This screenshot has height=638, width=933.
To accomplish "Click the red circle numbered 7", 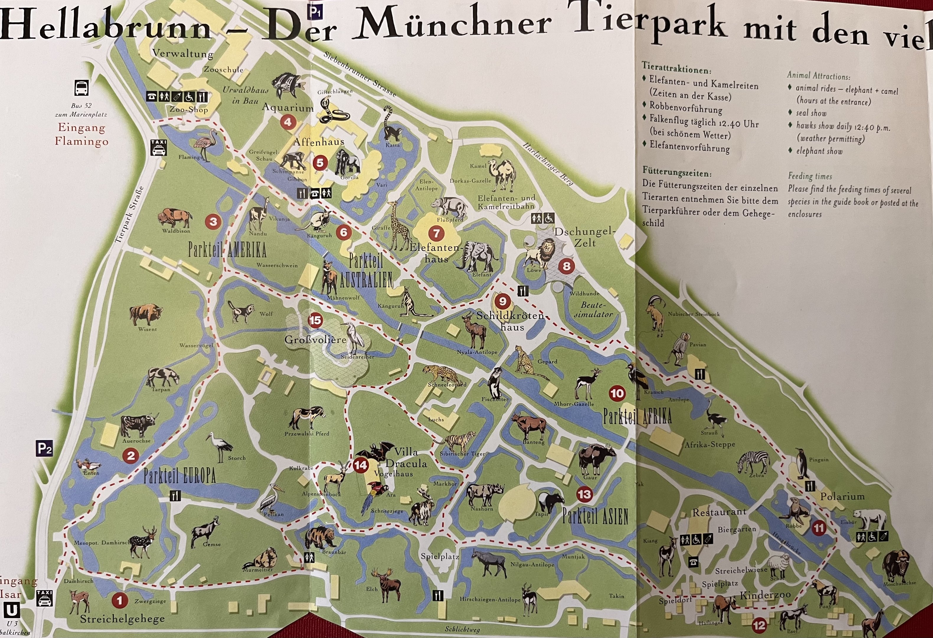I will [436, 233].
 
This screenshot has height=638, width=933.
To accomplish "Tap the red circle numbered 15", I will [315, 320].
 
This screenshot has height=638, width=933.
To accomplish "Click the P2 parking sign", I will [45, 448].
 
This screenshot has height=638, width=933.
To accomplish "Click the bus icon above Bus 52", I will [81, 88].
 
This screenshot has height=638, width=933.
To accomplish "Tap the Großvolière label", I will [315, 339].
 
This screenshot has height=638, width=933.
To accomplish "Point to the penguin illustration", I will [802, 463].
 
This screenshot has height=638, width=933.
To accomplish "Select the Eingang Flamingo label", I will [81, 134].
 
